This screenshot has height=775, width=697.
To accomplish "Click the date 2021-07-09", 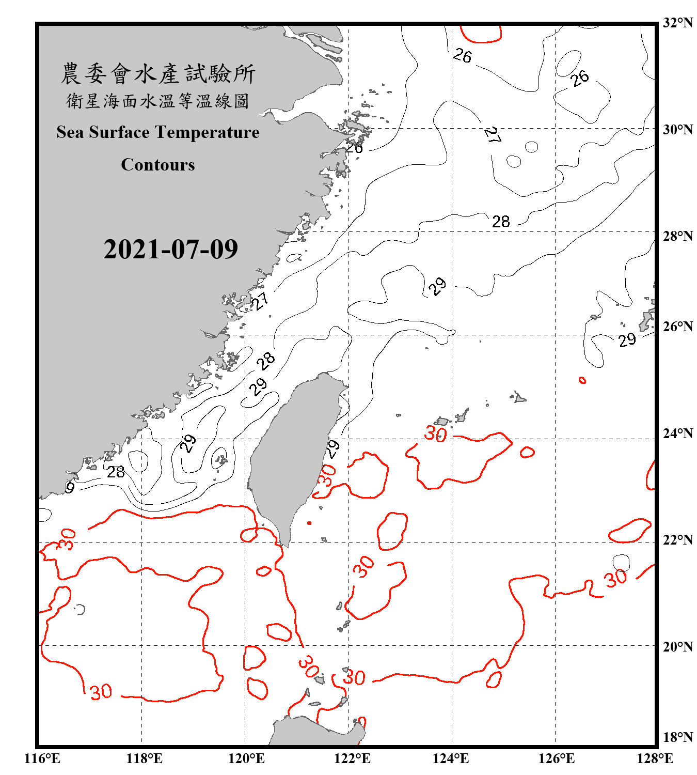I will (x=170, y=249).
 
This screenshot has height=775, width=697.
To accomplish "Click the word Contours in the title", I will (x=158, y=165).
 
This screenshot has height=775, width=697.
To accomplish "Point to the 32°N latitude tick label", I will (x=677, y=23).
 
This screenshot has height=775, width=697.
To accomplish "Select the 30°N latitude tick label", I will (x=677, y=129).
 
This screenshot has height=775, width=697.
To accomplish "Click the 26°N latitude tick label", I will (x=677, y=327).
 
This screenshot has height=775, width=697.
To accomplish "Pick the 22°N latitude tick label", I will (x=677, y=540).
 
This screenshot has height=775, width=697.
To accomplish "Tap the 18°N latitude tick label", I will (x=677, y=737).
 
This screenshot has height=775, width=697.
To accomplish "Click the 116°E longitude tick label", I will (x=42, y=758).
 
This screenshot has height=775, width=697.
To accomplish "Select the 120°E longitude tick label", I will (x=246, y=758).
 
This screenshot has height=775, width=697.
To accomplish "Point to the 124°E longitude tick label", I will (x=451, y=758).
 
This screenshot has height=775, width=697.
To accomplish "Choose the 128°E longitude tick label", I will (x=655, y=758).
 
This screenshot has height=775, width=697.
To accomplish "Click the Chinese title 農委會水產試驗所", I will (x=158, y=74).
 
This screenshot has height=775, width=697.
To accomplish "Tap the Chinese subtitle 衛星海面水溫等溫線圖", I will (x=158, y=101).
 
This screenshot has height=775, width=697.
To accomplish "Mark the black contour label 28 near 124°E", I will (x=501, y=222).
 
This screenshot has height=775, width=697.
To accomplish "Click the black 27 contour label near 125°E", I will (x=493, y=135).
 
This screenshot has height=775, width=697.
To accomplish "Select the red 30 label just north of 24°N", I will (x=435, y=433).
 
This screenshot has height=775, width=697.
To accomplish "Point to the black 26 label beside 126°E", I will (x=580, y=78).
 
